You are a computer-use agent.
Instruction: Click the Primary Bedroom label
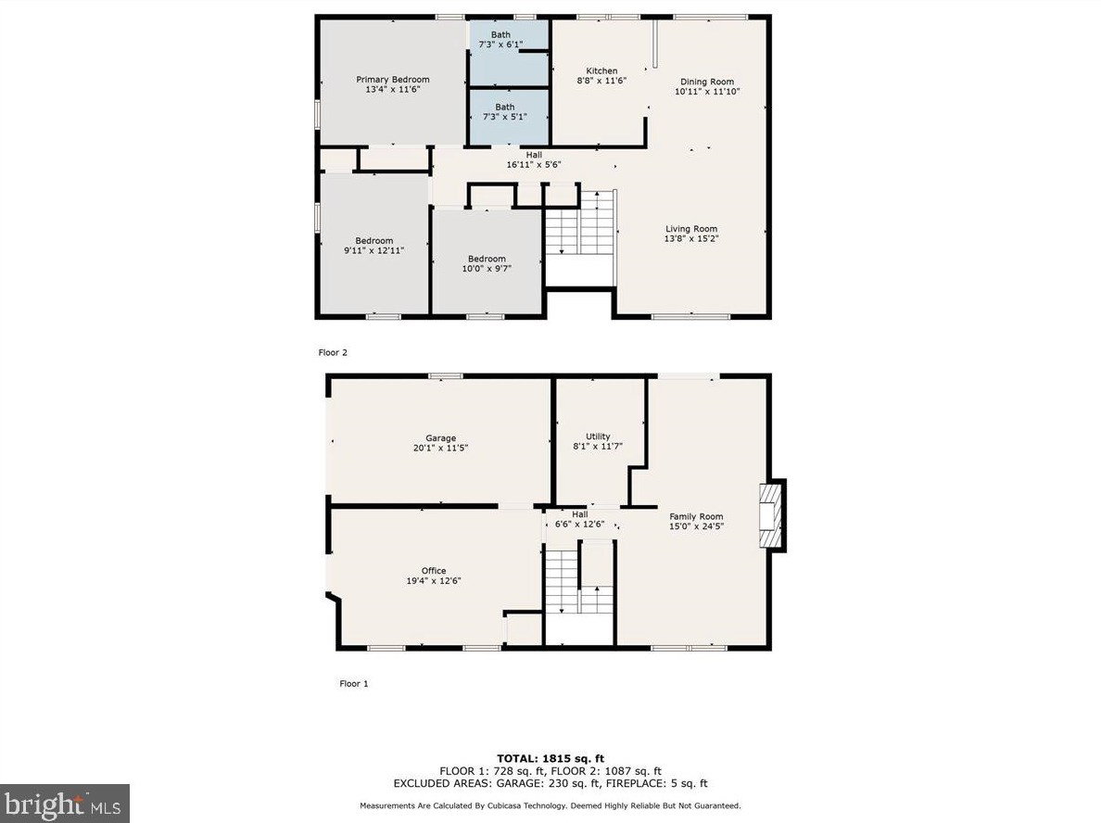tap(393, 80)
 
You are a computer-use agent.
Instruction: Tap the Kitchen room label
tap(601, 71)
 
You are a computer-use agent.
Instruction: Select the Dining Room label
tap(707, 82)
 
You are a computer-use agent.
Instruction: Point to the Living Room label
tap(691, 229)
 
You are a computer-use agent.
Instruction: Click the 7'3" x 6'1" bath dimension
tap(500, 44)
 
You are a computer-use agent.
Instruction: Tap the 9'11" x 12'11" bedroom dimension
tap(374, 250)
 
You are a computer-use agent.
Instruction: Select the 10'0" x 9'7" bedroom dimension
tap(487, 269)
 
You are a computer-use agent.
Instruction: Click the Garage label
tap(440, 438)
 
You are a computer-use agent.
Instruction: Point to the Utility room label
tap(598, 437)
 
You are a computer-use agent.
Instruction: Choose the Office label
tap(434, 571)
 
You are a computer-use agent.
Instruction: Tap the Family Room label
tap(696, 516)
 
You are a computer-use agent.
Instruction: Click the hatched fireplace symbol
tap(770, 516)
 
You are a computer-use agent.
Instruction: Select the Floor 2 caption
tap(333, 352)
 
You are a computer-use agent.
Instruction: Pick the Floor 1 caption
tap(353, 684)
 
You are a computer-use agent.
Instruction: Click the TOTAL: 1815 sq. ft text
tap(550, 758)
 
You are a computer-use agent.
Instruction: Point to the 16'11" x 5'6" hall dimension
tap(533, 165)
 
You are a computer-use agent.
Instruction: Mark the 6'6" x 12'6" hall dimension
tap(579, 525)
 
